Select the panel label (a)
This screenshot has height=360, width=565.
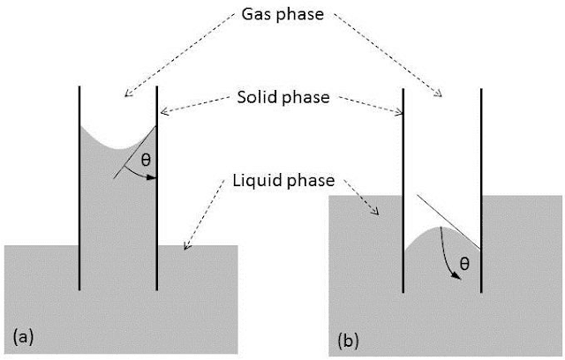(x=23, y=334)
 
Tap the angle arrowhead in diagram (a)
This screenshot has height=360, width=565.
(x=151, y=177)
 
